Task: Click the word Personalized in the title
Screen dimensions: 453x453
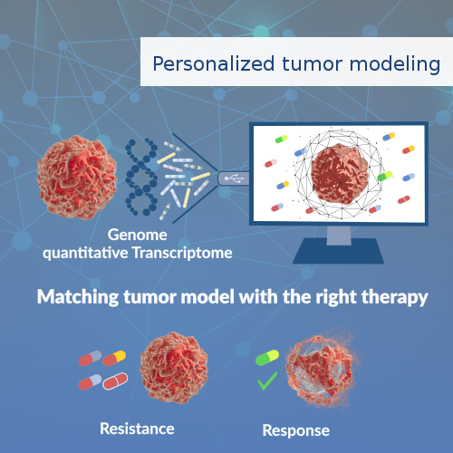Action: click(x=199, y=64)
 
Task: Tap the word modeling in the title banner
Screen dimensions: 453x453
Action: click(x=400, y=65)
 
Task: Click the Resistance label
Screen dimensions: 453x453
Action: click(x=136, y=427)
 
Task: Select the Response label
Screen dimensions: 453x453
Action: click(x=295, y=429)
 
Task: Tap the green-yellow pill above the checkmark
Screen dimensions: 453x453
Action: click(x=269, y=358)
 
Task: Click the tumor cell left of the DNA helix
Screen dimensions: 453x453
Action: click(x=77, y=173)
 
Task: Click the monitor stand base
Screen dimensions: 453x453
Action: click(x=340, y=253)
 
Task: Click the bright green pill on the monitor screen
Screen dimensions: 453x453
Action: click(x=385, y=175)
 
